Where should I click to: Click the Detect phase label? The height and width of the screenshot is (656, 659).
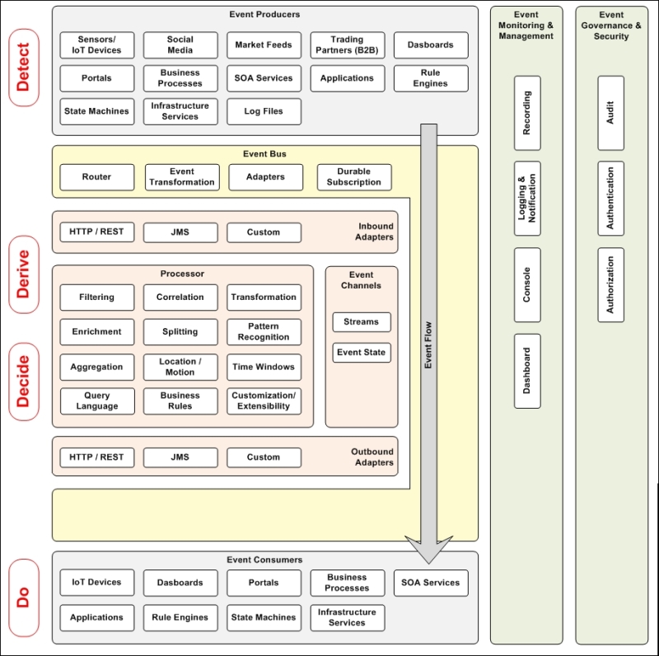coord(23,68)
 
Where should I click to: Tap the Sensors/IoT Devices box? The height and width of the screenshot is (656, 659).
coord(97,45)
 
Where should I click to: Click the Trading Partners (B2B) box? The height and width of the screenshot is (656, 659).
coord(347,45)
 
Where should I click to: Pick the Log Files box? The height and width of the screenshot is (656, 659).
coord(264,111)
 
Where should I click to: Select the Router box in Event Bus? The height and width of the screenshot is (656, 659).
coord(97,176)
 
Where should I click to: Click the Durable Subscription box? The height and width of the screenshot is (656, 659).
coord(354,176)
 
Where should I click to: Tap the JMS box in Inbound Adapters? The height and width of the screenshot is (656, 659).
coord(180,232)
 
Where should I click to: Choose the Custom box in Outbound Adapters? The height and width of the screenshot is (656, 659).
coord(264,457)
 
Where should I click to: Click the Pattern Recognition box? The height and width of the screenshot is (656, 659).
coord(264,331)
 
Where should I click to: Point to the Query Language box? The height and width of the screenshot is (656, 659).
coord(97,401)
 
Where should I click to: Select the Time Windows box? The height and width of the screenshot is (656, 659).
coord(264,367)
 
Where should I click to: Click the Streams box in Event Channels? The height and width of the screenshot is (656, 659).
coord(362,321)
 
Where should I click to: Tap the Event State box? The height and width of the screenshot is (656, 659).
coord(362,352)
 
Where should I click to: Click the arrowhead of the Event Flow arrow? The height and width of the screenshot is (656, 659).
coord(429,550)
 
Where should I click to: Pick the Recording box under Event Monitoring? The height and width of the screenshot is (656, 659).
coord(527,113)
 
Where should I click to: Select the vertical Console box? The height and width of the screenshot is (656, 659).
coord(527,284)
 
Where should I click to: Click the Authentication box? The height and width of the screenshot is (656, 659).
coord(610,199)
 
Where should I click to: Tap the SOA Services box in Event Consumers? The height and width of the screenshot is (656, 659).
coord(430,583)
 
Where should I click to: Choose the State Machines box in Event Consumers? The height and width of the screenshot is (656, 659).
coord(264,617)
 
